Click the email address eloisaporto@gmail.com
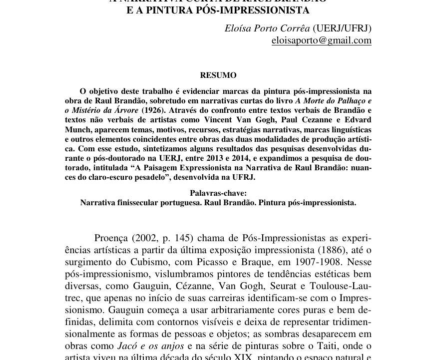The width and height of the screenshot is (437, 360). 321,40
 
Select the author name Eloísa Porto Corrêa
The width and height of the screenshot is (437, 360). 267,28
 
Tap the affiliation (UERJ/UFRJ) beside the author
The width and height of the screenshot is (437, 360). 342,28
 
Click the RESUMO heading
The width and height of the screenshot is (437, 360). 218,75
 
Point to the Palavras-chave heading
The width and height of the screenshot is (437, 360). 218,193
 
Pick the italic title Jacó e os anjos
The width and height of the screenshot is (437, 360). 151,346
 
